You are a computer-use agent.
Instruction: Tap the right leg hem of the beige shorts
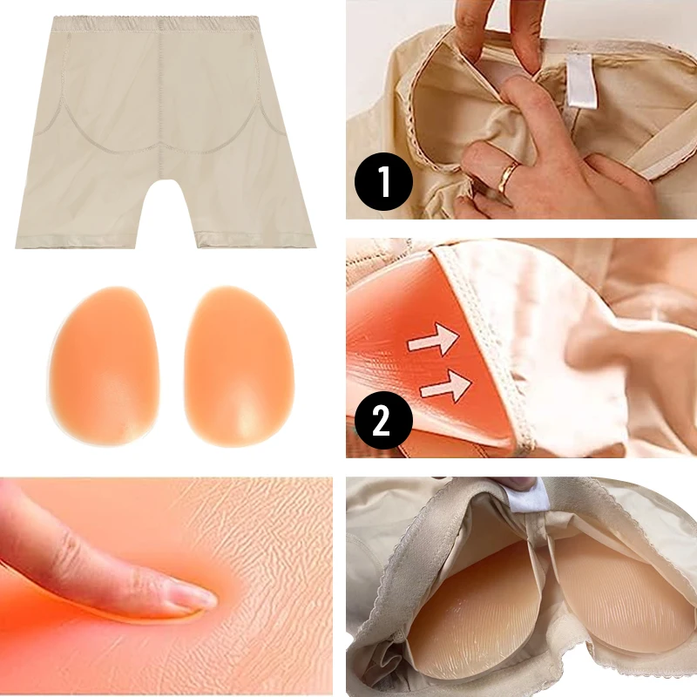coord(255,240)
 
